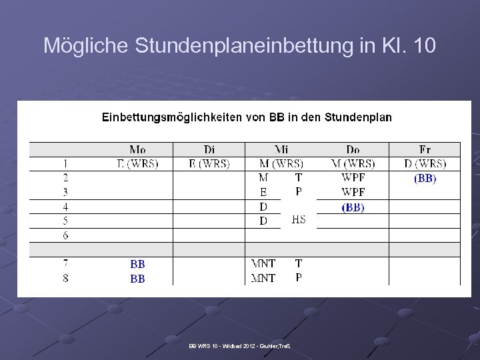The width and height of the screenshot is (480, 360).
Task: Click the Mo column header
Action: (x=138, y=149)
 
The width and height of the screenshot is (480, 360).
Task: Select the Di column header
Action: (x=209, y=149)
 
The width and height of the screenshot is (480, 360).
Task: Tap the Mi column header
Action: (x=281, y=149)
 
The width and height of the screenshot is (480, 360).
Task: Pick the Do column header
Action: (x=353, y=149)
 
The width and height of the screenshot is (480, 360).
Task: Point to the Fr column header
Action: (x=425, y=149)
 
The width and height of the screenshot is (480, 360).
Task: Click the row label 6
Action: (x=65, y=235)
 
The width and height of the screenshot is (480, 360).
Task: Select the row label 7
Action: (x=65, y=265)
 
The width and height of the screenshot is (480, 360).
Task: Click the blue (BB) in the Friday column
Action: (x=425, y=178)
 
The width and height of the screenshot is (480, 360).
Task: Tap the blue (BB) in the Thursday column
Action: (x=353, y=207)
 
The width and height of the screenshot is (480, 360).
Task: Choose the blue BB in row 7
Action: (x=137, y=265)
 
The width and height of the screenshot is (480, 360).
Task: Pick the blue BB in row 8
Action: (x=137, y=279)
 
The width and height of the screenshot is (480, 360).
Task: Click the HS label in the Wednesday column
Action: (x=299, y=220)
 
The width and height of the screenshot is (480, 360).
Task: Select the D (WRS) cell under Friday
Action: (x=425, y=163)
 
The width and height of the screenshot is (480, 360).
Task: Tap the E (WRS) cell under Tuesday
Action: (x=209, y=163)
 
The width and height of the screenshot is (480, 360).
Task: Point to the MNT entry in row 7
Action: (x=263, y=265)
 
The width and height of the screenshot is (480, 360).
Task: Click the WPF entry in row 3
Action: (x=353, y=192)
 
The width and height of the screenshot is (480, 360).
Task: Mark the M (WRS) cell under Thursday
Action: (x=353, y=163)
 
